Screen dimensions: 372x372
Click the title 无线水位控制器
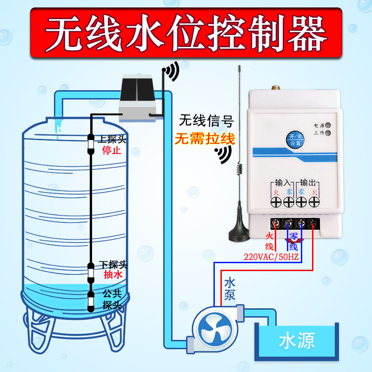click(186, 32)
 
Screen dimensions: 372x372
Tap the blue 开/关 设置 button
click(295, 139)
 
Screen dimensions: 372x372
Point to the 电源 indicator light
click(328, 126)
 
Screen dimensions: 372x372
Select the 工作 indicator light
click(328, 133)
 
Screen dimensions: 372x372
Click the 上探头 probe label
click(113, 139)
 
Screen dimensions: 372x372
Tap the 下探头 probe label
click(113, 265)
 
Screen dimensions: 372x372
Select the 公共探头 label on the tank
click(112, 299)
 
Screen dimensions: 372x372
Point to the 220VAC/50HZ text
click(271, 256)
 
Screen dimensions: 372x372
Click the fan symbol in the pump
click(213, 329)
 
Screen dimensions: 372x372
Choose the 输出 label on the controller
click(307, 182)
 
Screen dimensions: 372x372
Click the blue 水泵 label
click(230, 288)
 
